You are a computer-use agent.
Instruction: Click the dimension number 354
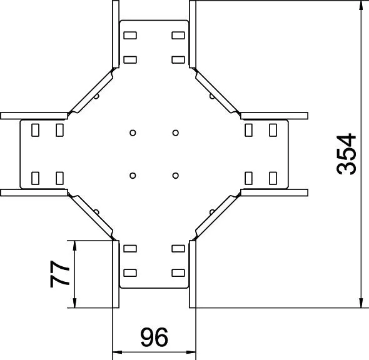coord(346,154)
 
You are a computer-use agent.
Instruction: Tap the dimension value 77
coord(59,274)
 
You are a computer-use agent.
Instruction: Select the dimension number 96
coord(154,337)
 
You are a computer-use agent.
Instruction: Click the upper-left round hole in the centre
coord(133,133)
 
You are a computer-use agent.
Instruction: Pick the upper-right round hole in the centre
coord(175,133)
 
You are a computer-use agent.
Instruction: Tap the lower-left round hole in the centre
coord(133,176)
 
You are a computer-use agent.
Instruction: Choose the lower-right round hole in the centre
coord(175,176)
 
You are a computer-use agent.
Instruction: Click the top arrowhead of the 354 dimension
coord(361,5)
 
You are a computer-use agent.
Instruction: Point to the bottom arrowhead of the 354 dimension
coord(361,303)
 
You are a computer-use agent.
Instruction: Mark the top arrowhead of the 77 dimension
coord(74,245)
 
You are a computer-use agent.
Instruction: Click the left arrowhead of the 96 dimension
coord(117,352)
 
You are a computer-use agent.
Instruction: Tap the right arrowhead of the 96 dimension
coord(191,352)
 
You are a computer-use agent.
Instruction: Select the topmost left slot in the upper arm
coord(130,35)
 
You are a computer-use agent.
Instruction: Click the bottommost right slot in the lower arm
coord(178,273)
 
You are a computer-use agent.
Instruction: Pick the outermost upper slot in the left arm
coord(35,130)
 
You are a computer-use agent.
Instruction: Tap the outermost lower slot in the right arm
coord(273,178)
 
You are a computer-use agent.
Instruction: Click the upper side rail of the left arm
coord(34,116)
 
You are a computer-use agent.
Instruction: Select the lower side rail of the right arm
coord(274,192)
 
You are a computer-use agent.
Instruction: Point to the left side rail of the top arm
coord(116,34)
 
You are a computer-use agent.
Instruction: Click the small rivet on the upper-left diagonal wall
coord(97,96)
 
